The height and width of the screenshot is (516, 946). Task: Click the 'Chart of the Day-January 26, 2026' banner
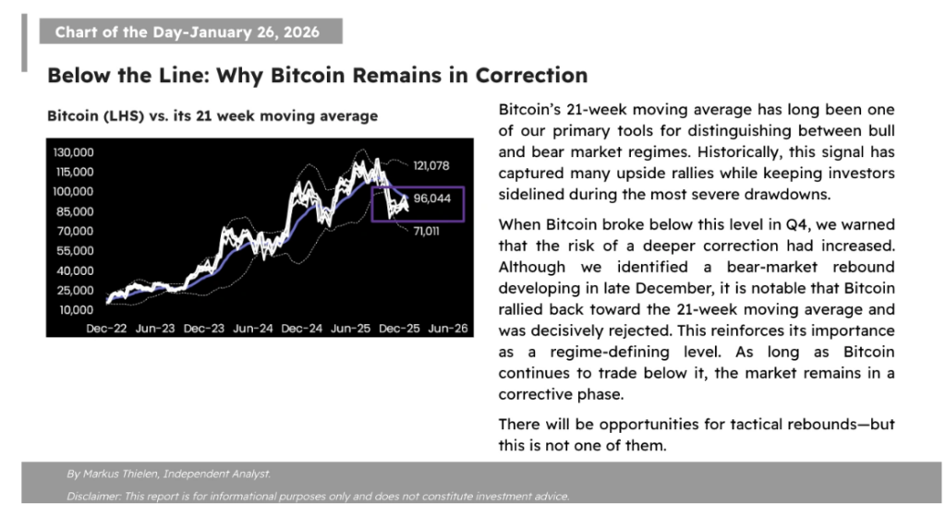click(190, 31)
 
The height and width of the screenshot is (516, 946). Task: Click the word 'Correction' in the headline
click(531, 76)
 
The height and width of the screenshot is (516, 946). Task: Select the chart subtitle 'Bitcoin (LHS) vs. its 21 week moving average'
click(212, 115)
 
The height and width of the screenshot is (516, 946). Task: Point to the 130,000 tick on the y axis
click(73, 152)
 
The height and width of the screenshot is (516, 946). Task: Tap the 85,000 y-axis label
click(75, 211)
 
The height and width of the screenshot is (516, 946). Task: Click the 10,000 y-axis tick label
click(75, 310)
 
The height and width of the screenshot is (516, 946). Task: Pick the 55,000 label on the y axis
click(75, 251)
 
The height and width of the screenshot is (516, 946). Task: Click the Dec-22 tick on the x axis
click(106, 329)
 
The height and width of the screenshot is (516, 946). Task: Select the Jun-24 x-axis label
click(253, 329)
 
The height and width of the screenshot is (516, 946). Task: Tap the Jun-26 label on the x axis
click(448, 329)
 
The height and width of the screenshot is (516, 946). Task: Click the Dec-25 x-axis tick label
click(399, 329)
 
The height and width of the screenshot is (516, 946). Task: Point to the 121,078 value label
click(431, 166)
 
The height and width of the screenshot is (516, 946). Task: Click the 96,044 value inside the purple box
click(432, 198)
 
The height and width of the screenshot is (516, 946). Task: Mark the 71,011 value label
click(427, 232)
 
